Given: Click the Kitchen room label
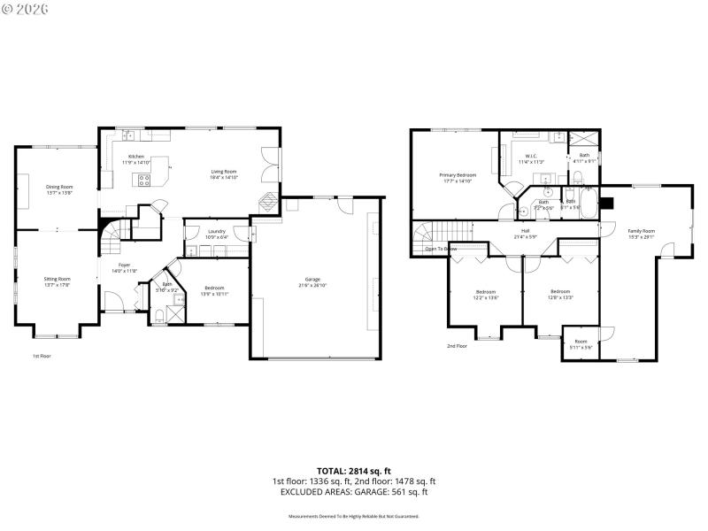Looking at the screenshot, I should [x=136, y=157].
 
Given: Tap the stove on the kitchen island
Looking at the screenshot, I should [x=143, y=180].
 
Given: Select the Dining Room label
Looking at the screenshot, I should [x=59, y=187].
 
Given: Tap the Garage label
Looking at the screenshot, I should [x=313, y=279].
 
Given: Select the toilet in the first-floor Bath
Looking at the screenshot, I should [x=159, y=314].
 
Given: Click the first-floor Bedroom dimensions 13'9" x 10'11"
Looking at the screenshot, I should [x=214, y=293].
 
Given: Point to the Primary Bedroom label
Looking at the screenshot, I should [x=458, y=175].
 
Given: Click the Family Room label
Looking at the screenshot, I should [x=642, y=230].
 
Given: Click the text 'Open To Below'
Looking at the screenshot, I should [x=441, y=249].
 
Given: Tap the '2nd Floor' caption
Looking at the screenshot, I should [x=457, y=346].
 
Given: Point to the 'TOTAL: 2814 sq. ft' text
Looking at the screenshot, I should [x=353, y=470].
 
